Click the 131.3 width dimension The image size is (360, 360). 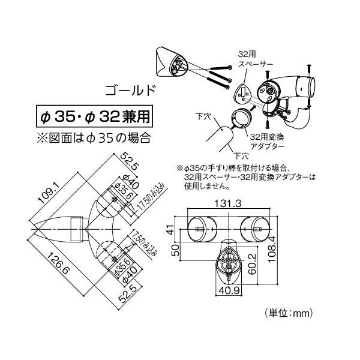(228, 203)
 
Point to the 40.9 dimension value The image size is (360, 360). (230, 290)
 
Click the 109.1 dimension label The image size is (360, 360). (49, 193)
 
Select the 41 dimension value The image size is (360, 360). (170, 230)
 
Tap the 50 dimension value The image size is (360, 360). (175, 250)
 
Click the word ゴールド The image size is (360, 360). (131, 90)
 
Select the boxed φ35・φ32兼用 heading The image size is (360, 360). (94, 116)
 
